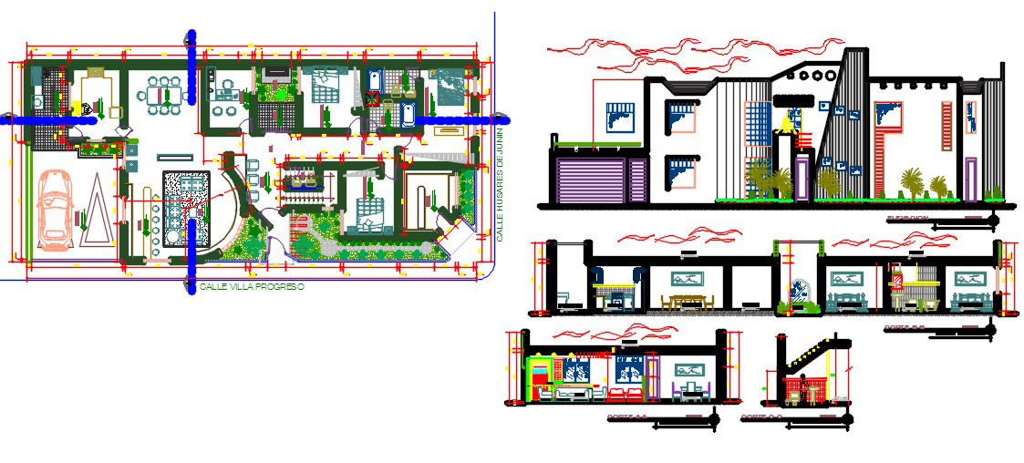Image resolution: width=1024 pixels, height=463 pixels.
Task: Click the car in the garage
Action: pyautogui.click(x=57, y=211)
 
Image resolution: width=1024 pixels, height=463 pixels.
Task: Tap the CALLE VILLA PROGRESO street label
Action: pyautogui.click(x=251, y=286)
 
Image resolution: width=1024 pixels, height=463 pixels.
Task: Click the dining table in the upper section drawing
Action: pyautogui.click(x=690, y=302)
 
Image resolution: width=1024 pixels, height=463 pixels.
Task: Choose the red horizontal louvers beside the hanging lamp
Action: pyautogui.click(x=803, y=140)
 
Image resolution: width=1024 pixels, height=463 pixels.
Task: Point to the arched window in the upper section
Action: pyautogui.click(x=800, y=292)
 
